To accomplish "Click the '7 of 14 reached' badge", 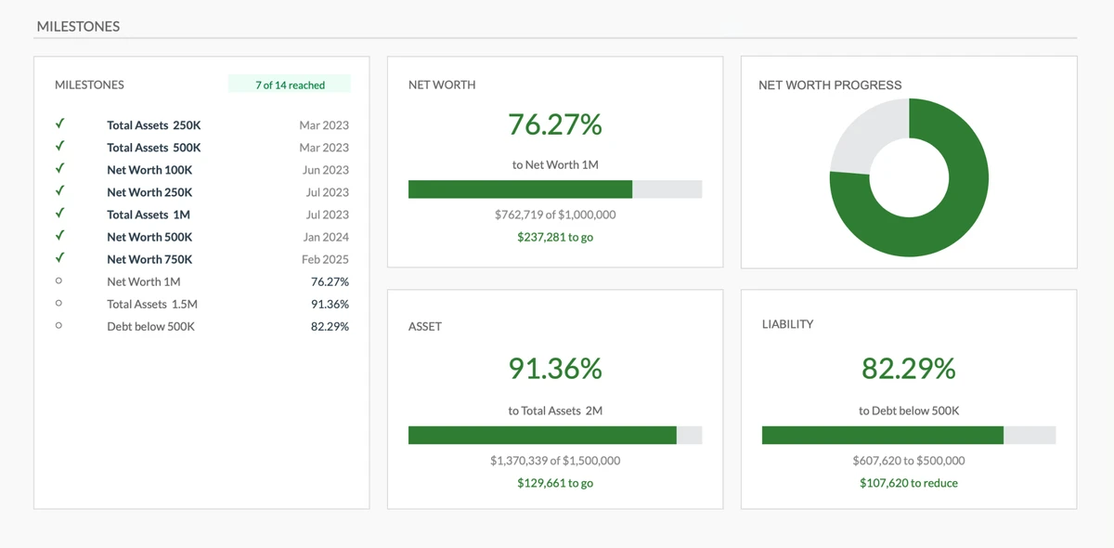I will tap(290, 85).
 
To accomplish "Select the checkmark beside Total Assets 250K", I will tap(59, 124).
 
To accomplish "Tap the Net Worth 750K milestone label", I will tap(149, 259).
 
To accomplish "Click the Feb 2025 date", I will tap(325, 259).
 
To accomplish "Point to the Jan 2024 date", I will tap(325, 237).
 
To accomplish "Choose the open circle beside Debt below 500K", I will tap(59, 326).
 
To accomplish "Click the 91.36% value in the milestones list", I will tap(330, 304).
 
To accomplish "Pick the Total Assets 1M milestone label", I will tap(149, 215).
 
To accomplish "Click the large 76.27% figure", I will tap(554, 124).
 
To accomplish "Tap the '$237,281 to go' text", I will tap(554, 237).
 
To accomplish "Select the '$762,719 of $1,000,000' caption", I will tap(554, 215).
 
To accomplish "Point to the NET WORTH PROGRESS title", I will tap(830, 85).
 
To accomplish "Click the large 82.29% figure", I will tap(908, 369).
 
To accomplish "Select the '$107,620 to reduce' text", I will tap(908, 483).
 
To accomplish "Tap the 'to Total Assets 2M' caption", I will tap(554, 411).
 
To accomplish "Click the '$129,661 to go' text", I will tap(554, 483).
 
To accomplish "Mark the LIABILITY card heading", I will tap(787, 324).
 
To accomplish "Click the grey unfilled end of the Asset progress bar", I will tap(689, 435).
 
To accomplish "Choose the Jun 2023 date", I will tap(325, 170).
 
